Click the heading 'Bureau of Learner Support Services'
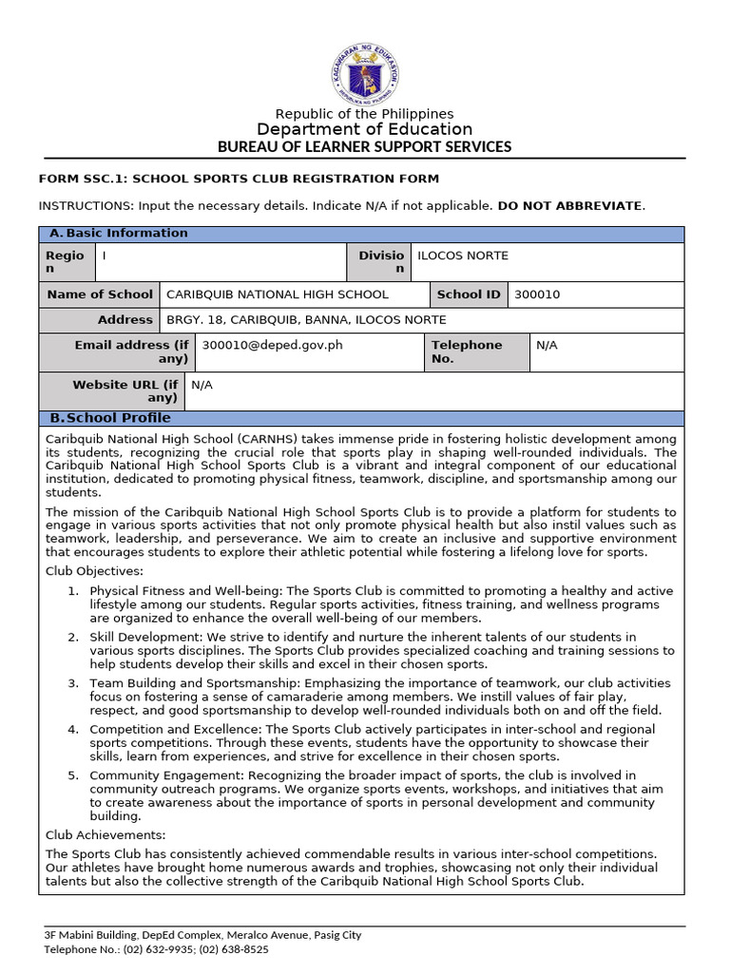[365, 146]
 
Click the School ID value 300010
[537, 295]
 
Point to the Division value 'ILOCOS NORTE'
[463, 256]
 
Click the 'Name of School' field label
[99, 295]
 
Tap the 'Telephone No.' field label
[467, 352]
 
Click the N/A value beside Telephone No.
[547, 345]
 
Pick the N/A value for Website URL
[202, 385]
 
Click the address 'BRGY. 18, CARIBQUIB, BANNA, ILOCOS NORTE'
[306, 320]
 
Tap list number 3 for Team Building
[73, 683]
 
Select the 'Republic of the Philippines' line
[365, 114]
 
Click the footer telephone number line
[156, 949]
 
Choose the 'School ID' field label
[468, 295]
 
